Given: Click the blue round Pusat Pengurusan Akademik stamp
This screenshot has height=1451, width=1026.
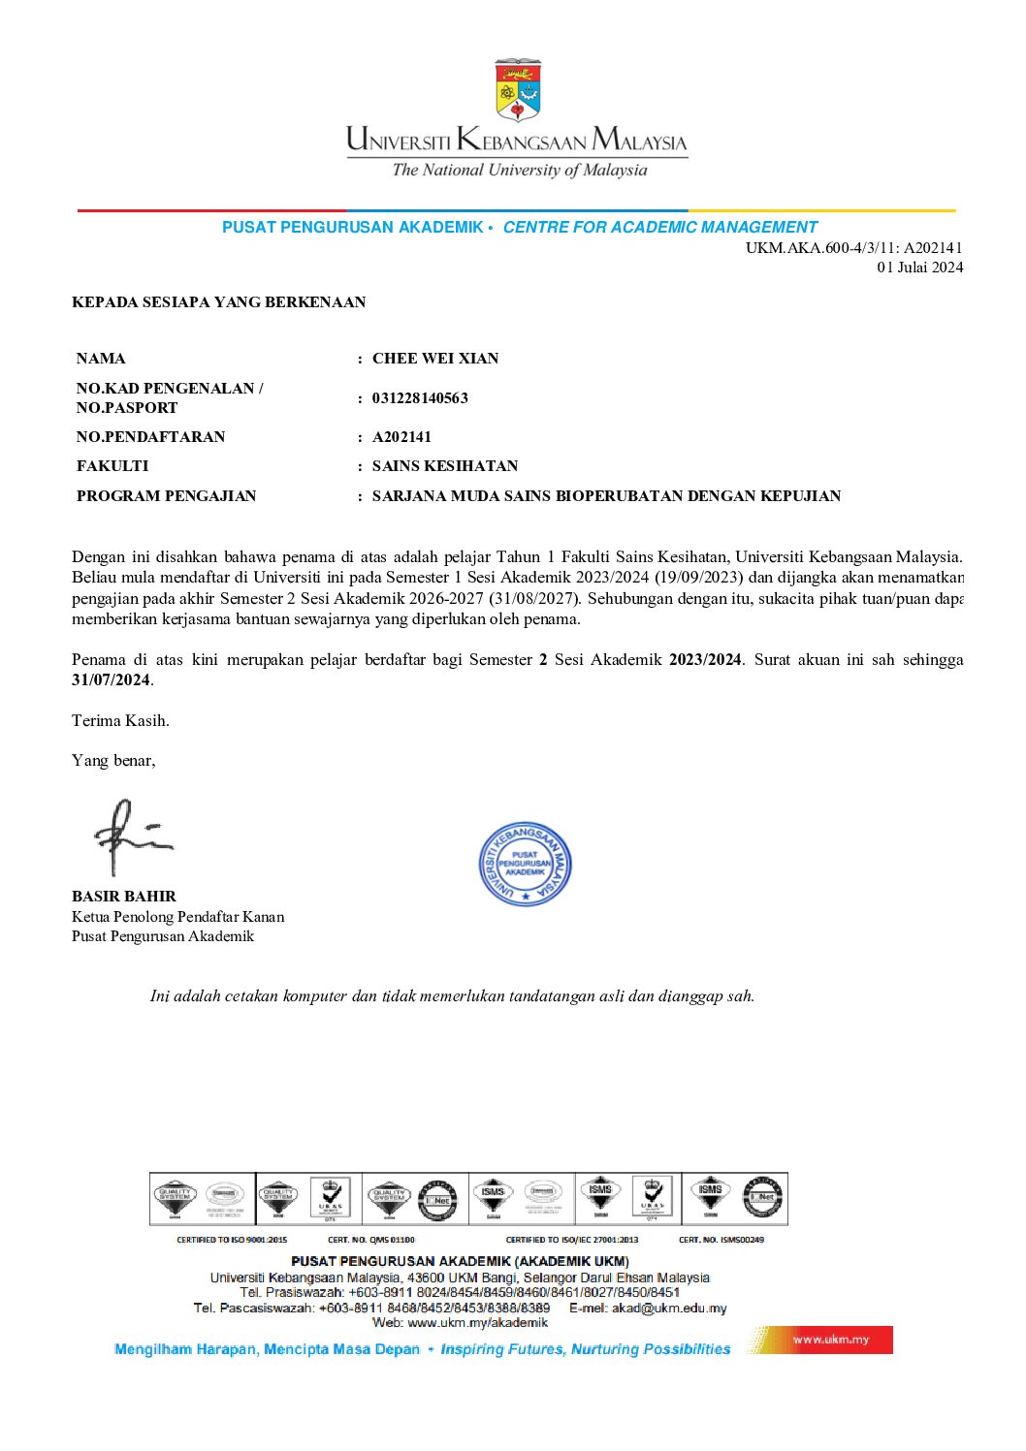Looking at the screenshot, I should click(525, 864).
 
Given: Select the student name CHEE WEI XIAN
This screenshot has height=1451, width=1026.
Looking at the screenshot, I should click(435, 359).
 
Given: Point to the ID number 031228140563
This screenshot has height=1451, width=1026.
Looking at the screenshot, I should click(420, 398).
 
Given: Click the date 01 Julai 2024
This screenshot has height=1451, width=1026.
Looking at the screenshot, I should click(919, 268).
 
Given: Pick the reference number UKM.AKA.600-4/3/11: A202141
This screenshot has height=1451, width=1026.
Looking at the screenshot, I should click(853, 248).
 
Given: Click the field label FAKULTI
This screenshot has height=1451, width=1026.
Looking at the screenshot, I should click(112, 466).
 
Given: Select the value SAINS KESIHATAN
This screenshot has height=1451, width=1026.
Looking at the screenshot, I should click(445, 466).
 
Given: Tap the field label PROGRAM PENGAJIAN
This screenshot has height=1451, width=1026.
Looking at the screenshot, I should click(167, 496).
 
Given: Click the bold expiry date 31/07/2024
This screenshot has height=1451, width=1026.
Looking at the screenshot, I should click(111, 680).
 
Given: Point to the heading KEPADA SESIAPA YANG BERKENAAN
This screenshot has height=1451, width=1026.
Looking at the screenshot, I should click(219, 302).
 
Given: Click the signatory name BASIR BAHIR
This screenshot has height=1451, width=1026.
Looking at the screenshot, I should click(124, 897).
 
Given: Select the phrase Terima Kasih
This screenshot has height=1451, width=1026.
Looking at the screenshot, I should click(120, 721).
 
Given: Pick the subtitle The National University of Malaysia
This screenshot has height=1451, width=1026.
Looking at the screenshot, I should click(519, 171).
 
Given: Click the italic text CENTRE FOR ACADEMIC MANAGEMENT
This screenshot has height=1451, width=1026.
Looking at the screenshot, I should click(659, 228).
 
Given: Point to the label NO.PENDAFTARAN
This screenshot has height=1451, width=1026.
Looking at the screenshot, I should click(150, 437).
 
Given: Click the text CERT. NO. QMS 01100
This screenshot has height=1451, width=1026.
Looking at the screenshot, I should click(371, 1240).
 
